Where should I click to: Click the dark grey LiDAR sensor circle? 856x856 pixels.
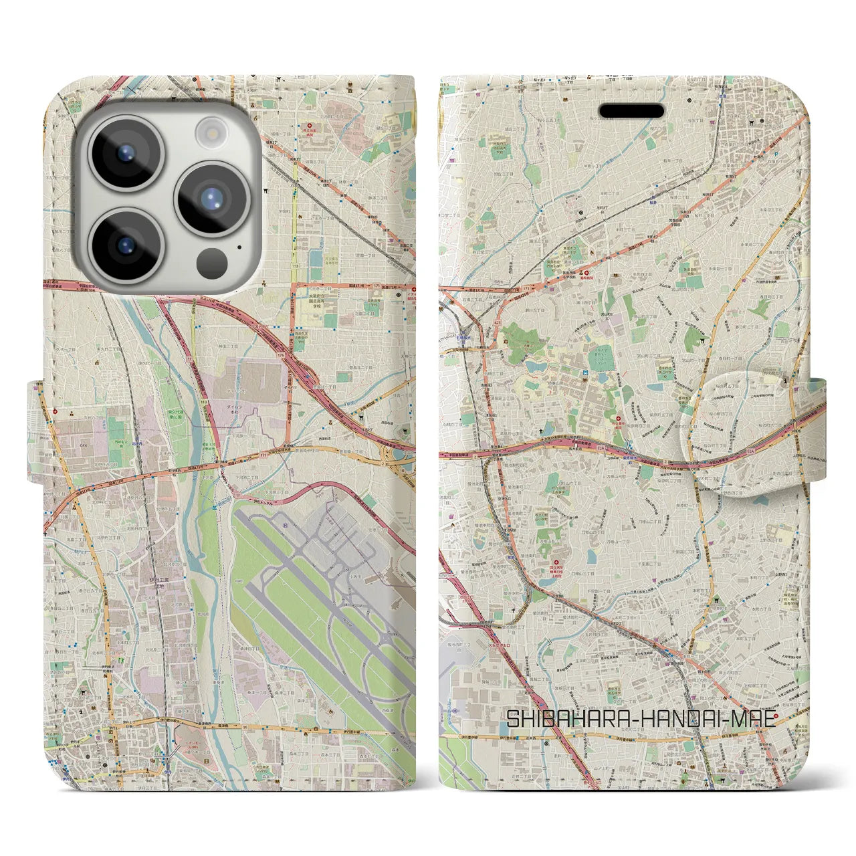pyautogui.click(x=213, y=260)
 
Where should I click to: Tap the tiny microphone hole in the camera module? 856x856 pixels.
pyautogui.click(x=239, y=247)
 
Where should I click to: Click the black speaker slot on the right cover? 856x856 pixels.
pyautogui.click(x=631, y=110)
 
